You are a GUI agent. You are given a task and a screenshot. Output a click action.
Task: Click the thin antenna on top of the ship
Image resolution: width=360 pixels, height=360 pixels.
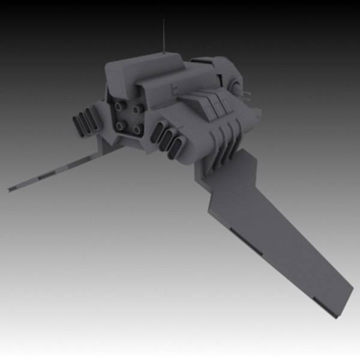164,36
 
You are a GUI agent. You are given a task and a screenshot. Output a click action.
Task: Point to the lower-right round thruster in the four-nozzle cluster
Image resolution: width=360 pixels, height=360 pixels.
137,128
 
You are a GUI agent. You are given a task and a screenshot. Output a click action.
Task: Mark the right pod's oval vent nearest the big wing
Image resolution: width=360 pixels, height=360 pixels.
177,146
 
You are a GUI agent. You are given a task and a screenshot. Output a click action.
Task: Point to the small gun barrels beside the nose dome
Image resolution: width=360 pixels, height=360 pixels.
248,94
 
